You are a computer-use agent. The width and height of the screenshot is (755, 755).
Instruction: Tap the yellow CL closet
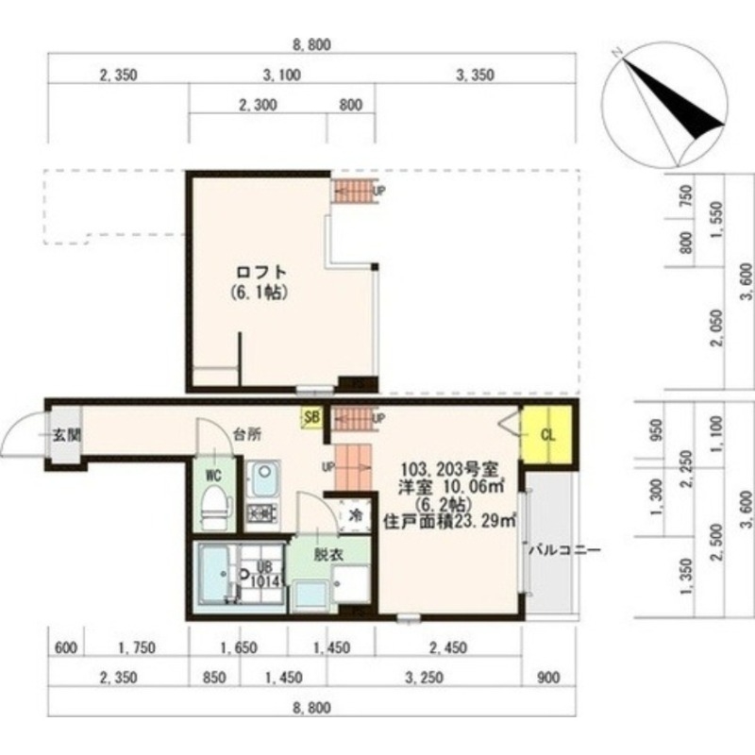tap(547, 435)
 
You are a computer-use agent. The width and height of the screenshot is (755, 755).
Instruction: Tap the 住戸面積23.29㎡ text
tap(449, 519)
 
